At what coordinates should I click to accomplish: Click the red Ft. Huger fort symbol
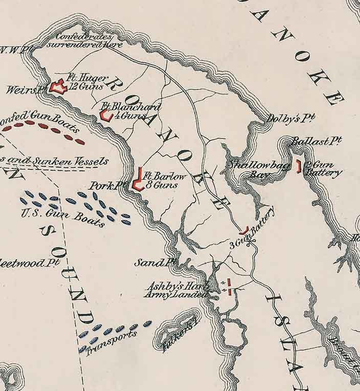click(x=58, y=88)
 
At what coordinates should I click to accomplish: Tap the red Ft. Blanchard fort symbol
click(x=106, y=116)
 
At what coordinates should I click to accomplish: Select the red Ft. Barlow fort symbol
click(x=137, y=180)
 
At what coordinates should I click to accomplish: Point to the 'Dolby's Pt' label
click(x=290, y=118)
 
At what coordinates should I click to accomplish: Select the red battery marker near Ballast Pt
click(x=298, y=166)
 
